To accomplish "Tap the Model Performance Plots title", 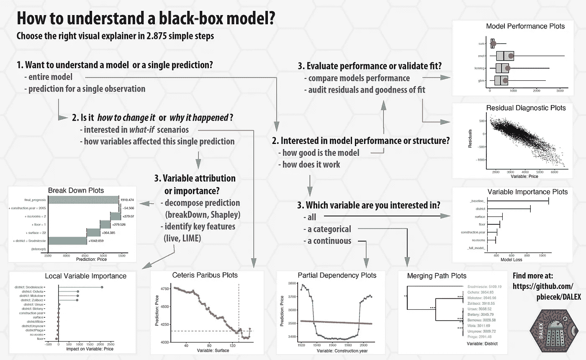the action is (525, 26).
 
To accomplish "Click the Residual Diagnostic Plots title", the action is (526, 108).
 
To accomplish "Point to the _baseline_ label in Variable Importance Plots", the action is (477, 202).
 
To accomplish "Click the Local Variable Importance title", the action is (86, 276).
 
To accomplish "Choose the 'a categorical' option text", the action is (327, 229).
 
